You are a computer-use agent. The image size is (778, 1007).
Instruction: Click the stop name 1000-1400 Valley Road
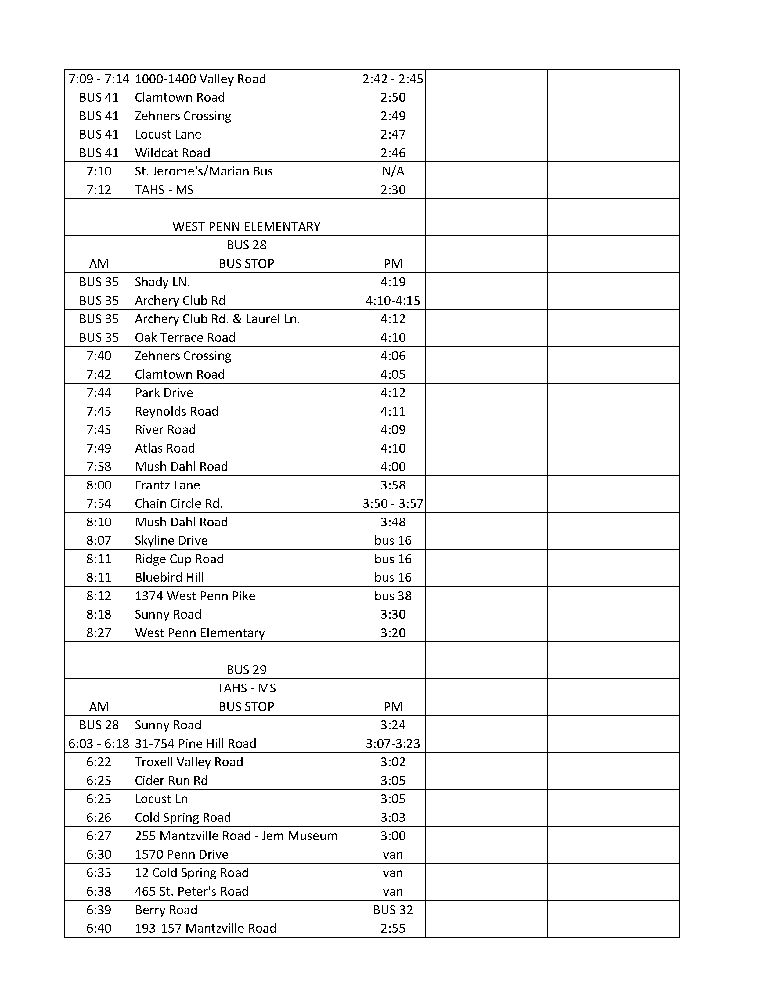[200, 79]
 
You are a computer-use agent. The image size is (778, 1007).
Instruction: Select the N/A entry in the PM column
[393, 171]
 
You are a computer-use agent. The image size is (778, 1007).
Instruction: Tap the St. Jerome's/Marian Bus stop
[204, 171]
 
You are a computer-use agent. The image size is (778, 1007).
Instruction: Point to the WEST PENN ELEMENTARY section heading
[246, 226]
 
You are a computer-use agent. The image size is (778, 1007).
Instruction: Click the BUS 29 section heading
[246, 670]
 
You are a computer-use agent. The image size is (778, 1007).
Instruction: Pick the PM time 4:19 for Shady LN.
[393, 282]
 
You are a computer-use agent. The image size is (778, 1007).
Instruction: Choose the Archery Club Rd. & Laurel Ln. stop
[217, 319]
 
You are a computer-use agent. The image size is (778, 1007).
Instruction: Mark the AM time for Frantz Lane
[99, 485]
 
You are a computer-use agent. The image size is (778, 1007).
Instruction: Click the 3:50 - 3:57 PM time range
[393, 504]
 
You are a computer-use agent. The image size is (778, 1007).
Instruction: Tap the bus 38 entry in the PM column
[393, 596]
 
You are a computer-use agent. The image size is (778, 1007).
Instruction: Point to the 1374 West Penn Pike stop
[195, 596]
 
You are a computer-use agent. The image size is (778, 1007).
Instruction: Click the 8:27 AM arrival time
[99, 633]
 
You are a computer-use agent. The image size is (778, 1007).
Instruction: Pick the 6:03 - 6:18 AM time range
[99, 743]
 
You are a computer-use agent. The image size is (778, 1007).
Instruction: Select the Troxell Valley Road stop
[189, 762]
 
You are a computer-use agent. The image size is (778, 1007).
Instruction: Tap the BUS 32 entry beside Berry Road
[393, 910]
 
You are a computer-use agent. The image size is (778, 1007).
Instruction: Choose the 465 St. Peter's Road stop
[192, 891]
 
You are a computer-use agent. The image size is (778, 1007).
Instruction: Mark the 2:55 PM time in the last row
[393, 928]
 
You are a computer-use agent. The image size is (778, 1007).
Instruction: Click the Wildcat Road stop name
[172, 153]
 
